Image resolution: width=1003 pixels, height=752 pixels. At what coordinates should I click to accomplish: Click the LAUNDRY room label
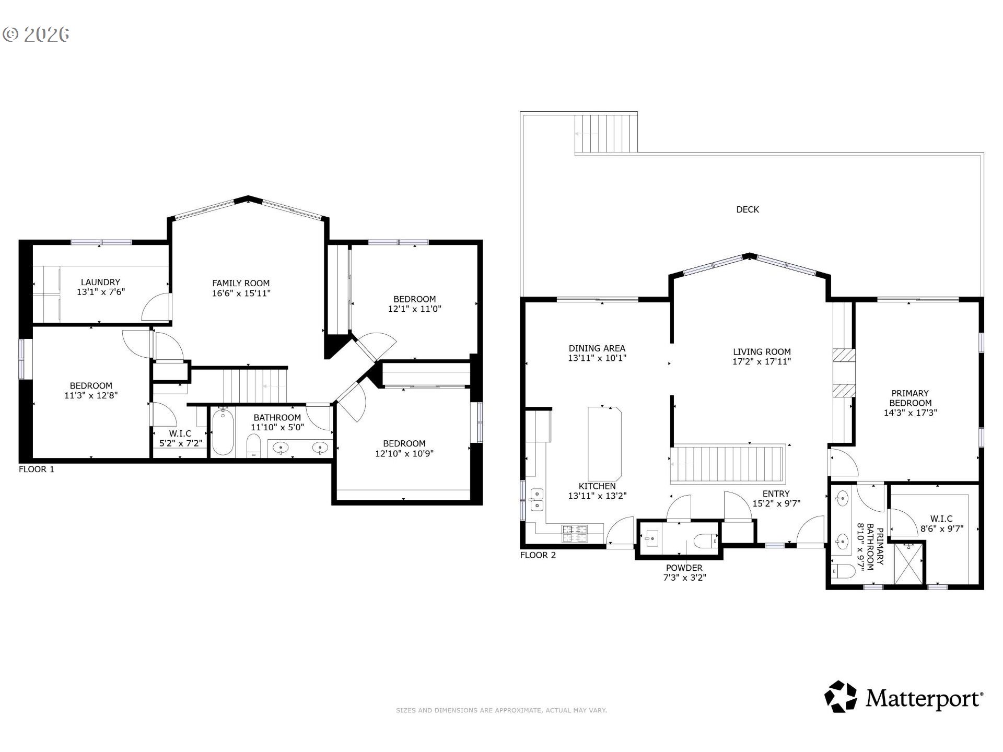coord(100,282)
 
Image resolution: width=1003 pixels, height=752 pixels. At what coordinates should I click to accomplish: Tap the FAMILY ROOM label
coord(241,284)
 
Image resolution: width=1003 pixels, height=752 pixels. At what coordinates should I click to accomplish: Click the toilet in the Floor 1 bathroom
coord(253,445)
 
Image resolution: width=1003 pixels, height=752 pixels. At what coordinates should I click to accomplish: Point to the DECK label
coord(748,209)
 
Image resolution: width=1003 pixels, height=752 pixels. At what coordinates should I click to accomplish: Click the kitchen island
coord(605,443)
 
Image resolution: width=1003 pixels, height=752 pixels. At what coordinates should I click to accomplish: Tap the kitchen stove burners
coord(575,533)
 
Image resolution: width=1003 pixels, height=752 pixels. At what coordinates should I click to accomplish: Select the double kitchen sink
coord(537,500)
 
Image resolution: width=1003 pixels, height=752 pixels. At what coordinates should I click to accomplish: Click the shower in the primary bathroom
coord(908,564)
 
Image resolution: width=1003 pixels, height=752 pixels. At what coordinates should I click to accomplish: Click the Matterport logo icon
coord(841,696)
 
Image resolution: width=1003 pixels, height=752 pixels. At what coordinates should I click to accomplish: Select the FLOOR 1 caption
coord(37,469)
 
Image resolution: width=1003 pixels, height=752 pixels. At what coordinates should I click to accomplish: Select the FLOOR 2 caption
coord(538,555)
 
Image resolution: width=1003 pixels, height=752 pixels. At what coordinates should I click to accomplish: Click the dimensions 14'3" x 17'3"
coord(911,413)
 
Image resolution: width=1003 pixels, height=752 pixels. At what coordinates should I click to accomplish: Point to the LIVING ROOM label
coord(762,352)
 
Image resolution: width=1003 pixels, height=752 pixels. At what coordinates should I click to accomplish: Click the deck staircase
coord(606,134)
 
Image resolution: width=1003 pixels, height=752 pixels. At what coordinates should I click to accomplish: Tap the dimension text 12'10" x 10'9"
coord(404,453)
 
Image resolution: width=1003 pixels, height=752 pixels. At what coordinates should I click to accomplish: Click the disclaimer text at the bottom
coord(501,710)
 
